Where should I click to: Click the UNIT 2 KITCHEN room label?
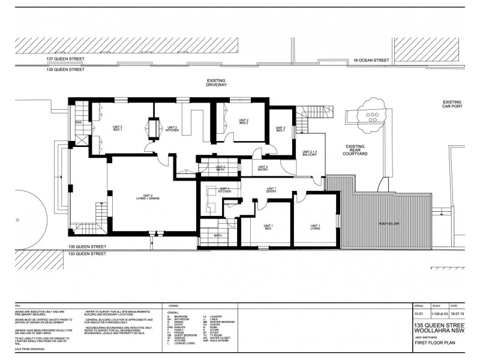coord(172,129)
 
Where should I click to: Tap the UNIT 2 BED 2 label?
coord(243,122)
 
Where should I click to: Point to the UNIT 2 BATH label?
coord(220,169)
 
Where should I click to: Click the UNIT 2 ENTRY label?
coord(262,169)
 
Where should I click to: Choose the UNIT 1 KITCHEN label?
coord(224,191)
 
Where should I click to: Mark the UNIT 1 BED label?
coord(268,227)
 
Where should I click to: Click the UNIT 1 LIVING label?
coord(315,227)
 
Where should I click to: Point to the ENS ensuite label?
coord(78,124)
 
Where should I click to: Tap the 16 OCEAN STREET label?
coord(371,61)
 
